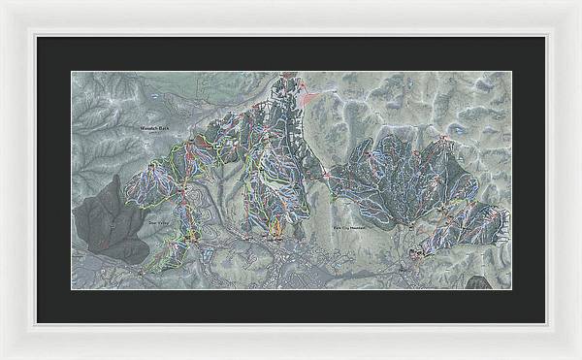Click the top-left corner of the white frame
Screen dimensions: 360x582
[1, 1]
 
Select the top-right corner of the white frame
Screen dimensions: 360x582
[580, 1]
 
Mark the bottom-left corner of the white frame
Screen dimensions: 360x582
[1, 358]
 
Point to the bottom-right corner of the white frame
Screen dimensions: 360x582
[580, 358]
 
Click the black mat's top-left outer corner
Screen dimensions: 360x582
[37, 37]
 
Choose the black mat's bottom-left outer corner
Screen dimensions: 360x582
[37, 322]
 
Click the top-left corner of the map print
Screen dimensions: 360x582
[72, 72]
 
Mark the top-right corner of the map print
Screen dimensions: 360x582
[510, 72]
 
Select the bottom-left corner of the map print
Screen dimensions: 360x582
[72, 288]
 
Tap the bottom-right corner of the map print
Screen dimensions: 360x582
[510, 288]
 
